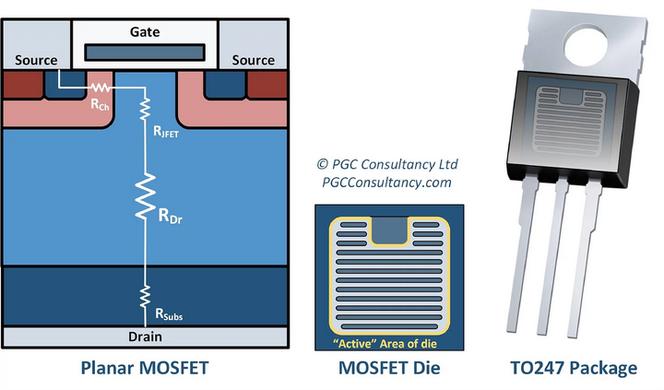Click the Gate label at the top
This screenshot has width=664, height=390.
[x=145, y=31]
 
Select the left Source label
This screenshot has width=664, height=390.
[x=36, y=60]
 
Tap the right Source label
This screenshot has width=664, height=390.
[x=253, y=60]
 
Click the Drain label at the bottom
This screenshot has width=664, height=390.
[x=144, y=337]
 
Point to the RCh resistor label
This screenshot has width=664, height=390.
[x=101, y=105]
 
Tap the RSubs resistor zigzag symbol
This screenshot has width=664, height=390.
[x=144, y=295]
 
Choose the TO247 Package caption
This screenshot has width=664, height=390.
[x=574, y=369]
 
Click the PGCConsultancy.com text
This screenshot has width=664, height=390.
[x=386, y=183]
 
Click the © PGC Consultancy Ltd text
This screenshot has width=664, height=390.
[x=386, y=164]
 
